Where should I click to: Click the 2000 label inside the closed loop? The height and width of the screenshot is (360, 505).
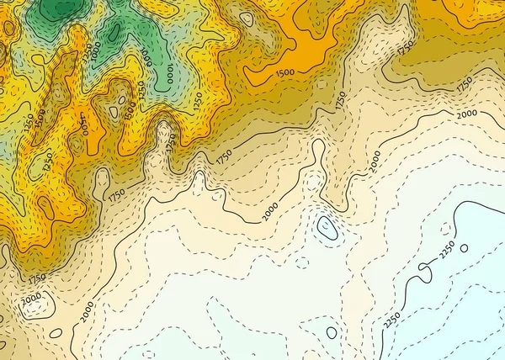click(31, 299)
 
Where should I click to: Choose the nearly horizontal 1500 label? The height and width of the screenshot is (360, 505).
click(284, 73)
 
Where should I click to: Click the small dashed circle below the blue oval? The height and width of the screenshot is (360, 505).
click(301, 261)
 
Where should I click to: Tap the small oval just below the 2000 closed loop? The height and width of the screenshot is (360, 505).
click(56, 333)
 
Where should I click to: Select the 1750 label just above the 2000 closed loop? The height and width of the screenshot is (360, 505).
click(36, 278)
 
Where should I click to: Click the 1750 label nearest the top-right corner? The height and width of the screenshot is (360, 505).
click(406, 48)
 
